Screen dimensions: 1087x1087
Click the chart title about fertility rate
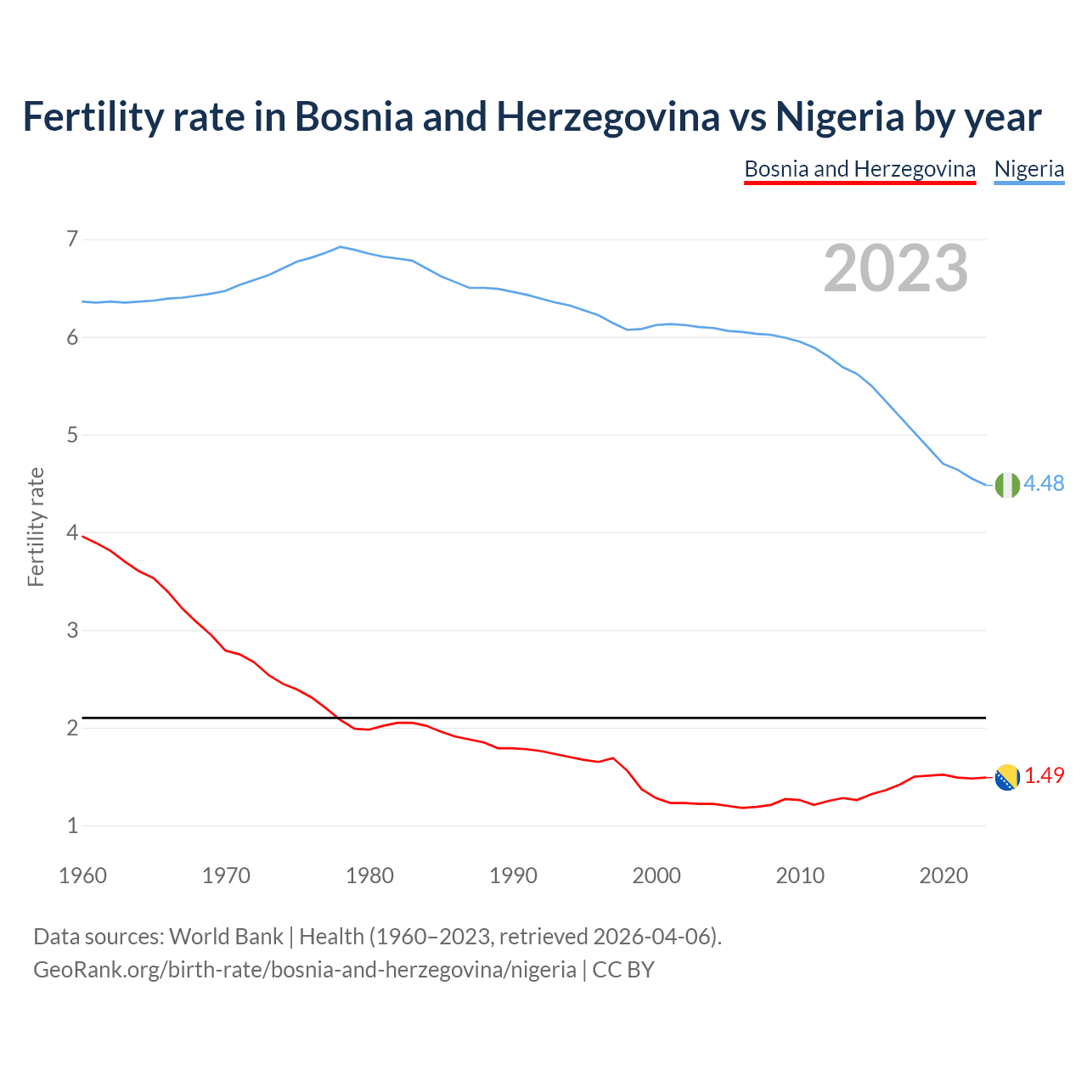[532, 117]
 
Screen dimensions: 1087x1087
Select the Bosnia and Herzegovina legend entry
[859, 169]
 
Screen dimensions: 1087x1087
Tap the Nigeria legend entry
[1028, 169]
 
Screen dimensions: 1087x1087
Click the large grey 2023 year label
[895, 268]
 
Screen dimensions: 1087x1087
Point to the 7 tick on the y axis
[72, 239]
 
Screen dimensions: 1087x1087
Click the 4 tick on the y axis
[72, 533]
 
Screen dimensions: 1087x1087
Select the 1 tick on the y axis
[72, 825]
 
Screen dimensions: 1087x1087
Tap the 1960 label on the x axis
[82, 876]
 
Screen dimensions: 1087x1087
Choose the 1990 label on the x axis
[513, 876]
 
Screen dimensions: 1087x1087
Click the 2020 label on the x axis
[943, 876]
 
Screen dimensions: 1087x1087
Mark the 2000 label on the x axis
[656, 876]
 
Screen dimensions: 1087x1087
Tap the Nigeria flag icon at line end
[1006, 484]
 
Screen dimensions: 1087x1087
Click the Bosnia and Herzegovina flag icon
[1006, 776]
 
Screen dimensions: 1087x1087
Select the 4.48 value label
[1044, 483]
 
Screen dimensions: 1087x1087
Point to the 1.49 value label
[1044, 775]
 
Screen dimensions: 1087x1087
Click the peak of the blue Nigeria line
[341, 247]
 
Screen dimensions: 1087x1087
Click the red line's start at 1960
[83, 537]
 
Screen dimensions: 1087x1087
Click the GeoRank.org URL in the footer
[305, 970]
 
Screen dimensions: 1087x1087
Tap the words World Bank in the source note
[226, 937]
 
